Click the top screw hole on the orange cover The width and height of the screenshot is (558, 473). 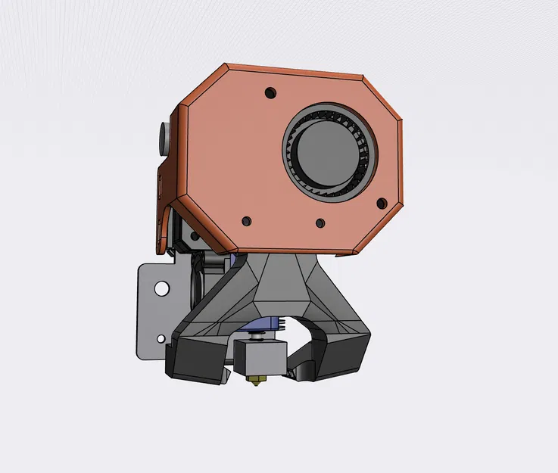pos(270,93)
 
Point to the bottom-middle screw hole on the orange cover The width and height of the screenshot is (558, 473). pos(320,223)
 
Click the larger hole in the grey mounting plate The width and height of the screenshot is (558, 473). pos(161,288)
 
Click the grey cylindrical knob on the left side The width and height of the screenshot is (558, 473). pos(163,137)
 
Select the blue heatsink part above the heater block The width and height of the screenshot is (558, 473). pos(266,325)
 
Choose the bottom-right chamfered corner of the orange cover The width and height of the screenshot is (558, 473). pos(375,231)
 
